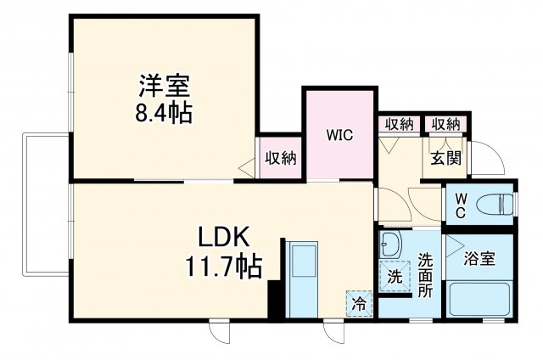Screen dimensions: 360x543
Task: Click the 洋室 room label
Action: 164,86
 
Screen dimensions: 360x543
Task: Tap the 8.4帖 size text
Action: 164,112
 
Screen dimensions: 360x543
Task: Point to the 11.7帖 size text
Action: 224,267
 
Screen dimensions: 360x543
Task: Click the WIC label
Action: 339,135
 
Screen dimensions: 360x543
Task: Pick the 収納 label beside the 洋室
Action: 279,157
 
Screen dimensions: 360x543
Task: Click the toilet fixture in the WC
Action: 496,204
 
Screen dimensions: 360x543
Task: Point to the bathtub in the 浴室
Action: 479,300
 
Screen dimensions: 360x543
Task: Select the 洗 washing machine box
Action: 394,276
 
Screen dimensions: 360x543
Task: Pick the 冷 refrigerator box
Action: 360,301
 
